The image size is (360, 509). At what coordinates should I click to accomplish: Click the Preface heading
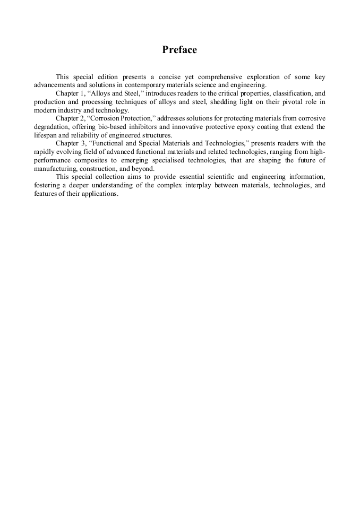179,50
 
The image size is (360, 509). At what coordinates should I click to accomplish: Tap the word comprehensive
222,77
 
